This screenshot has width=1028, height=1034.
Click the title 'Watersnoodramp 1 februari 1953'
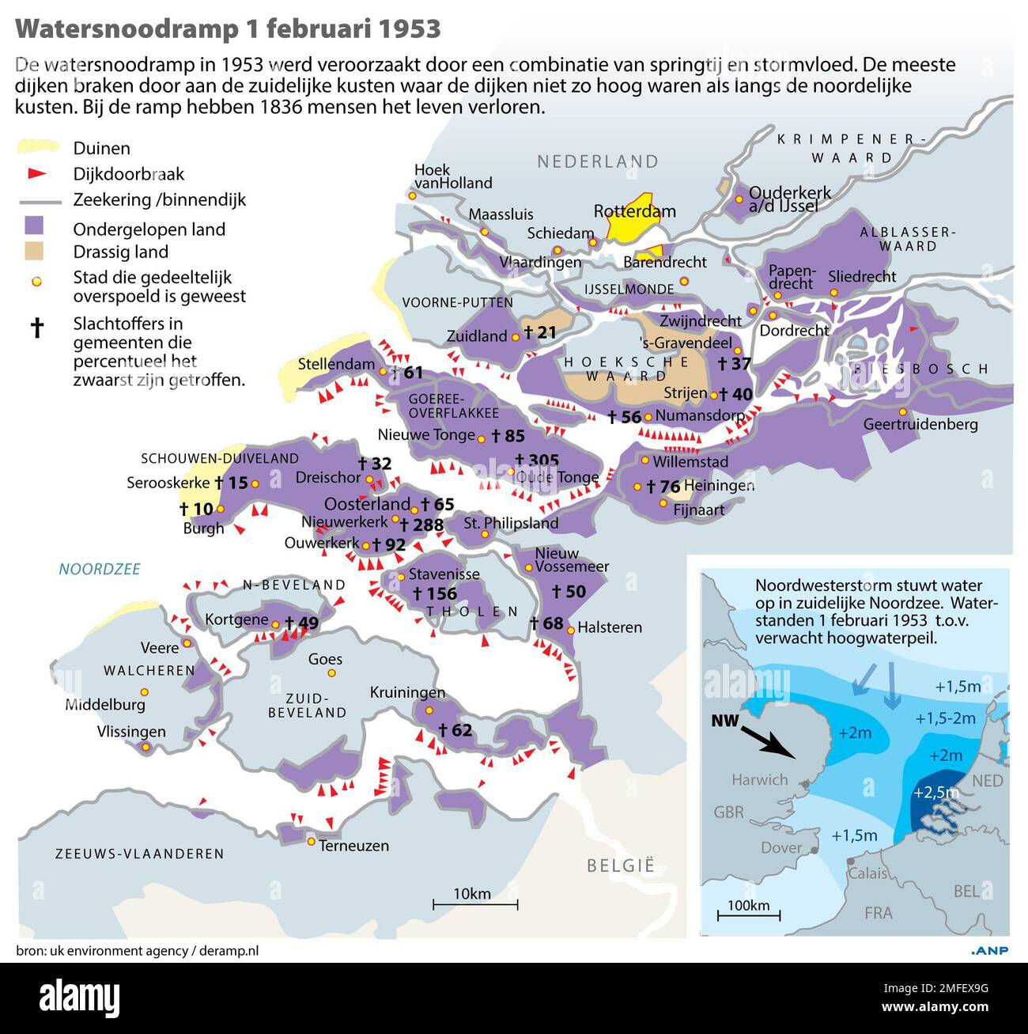(x=228, y=28)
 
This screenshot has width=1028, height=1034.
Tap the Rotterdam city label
(x=634, y=211)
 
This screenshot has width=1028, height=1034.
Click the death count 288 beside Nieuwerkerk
(x=422, y=525)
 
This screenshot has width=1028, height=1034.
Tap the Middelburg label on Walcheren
(x=105, y=704)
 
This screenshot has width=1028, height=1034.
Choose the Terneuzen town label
(x=353, y=846)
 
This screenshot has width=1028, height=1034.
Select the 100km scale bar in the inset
(x=749, y=914)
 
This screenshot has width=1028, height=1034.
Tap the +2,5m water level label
(x=935, y=792)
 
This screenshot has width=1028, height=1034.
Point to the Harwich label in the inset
(x=759, y=779)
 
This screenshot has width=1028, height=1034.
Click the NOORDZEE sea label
(x=100, y=569)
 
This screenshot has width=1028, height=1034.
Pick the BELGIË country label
(x=621, y=865)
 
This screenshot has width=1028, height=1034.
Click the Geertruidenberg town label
(x=920, y=424)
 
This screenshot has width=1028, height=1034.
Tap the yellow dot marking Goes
(x=331, y=673)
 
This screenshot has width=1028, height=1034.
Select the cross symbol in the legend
(x=36, y=327)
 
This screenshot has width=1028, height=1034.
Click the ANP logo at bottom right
(x=988, y=950)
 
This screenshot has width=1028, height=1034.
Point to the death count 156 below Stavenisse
(x=435, y=593)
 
